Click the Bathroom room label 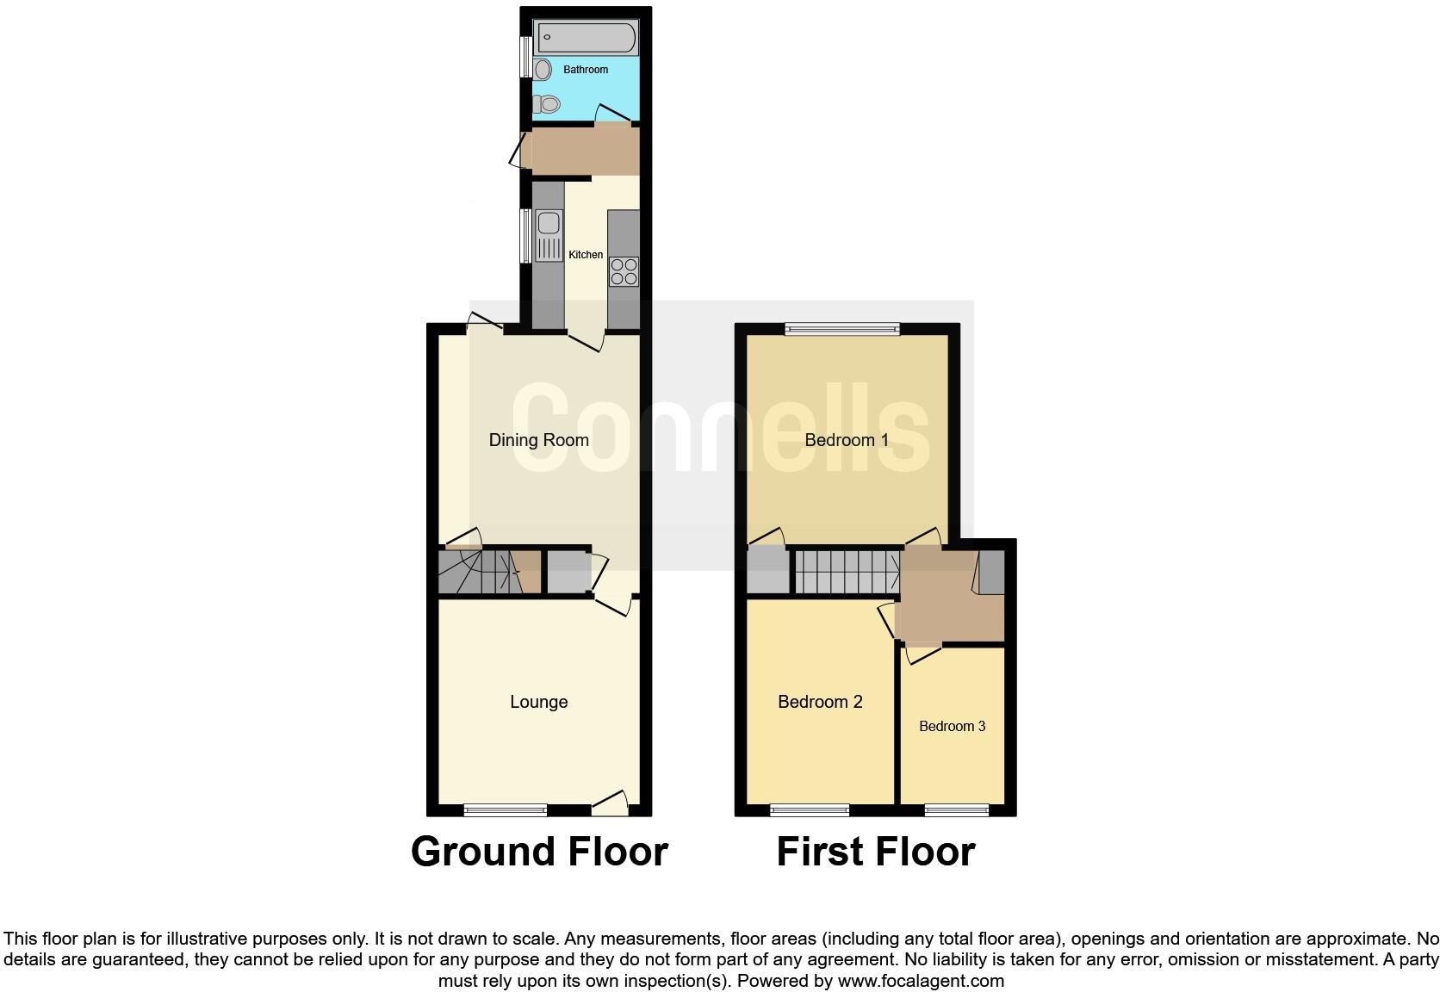click(x=586, y=69)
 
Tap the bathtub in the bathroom click(x=586, y=38)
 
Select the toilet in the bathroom click(x=547, y=104)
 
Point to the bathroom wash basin click(x=543, y=69)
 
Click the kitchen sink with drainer click(x=548, y=235)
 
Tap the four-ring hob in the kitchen click(x=624, y=271)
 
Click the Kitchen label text click(x=586, y=255)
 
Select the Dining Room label click(x=538, y=440)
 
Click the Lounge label click(x=538, y=702)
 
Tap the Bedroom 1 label click(x=846, y=440)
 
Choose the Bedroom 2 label click(x=819, y=702)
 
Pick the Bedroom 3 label click(x=952, y=726)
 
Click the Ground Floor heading click(x=539, y=852)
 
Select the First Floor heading click(x=875, y=852)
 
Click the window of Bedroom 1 click(x=841, y=328)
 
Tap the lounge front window click(x=505, y=809)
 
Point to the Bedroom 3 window click(x=956, y=809)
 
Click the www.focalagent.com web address click(x=921, y=980)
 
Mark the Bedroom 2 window click(x=810, y=809)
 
